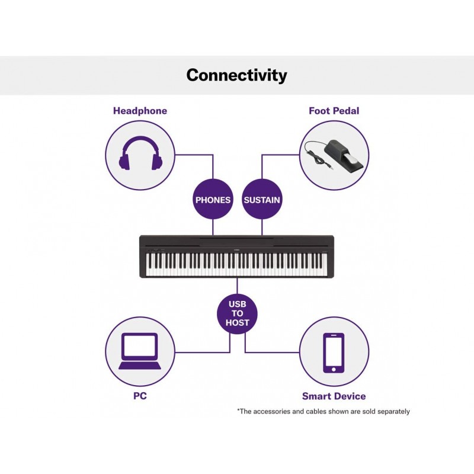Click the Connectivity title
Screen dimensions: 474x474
(236, 75)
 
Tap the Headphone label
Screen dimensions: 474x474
(140, 111)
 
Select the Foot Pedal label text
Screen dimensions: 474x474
(334, 111)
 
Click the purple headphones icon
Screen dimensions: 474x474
(140, 153)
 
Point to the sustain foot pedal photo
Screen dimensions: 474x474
(334, 156)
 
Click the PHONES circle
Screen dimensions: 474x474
(213, 200)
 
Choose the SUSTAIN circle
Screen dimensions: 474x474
(262, 200)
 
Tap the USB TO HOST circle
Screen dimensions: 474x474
(238, 313)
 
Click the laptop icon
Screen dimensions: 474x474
(140, 351)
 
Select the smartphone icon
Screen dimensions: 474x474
(334, 353)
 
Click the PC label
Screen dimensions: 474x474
(140, 396)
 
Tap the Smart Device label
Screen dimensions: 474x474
(334, 396)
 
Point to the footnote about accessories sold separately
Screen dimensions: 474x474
(324, 411)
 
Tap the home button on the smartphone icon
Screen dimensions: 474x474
(334, 369)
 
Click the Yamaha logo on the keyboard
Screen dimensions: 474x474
(236, 249)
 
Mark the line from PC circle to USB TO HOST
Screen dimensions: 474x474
(203, 351)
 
